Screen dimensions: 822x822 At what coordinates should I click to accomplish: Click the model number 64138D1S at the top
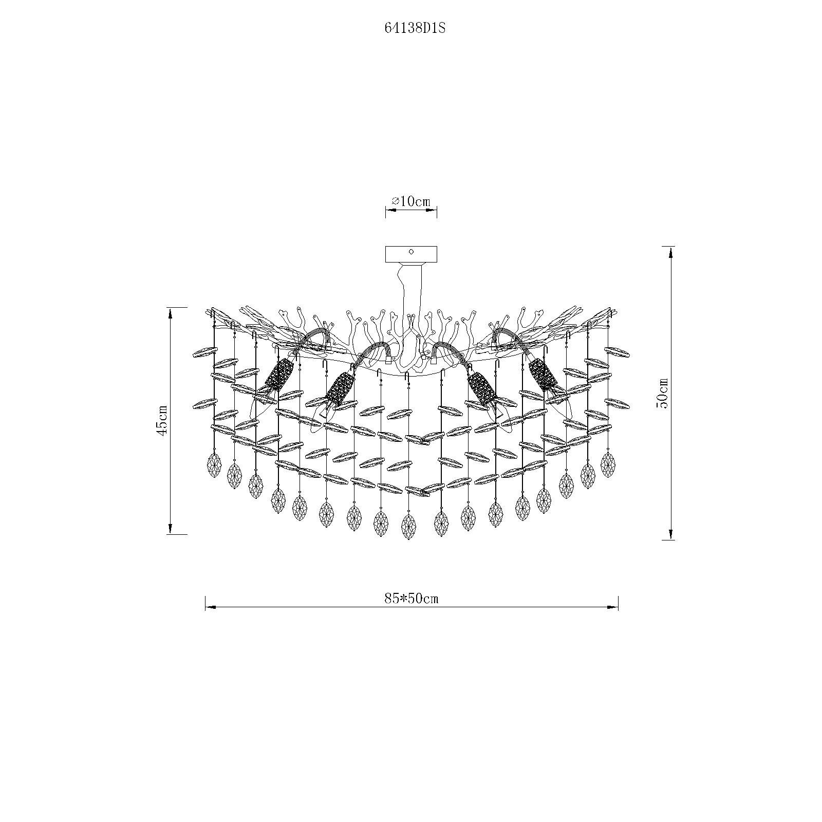414,29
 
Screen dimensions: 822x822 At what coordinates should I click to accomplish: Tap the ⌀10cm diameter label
410,201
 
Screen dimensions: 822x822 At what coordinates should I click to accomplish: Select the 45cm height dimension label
162,421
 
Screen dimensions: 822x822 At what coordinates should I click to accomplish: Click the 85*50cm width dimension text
411,598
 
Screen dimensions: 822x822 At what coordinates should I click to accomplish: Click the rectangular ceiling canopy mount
411,254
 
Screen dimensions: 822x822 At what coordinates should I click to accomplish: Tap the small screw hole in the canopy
411,252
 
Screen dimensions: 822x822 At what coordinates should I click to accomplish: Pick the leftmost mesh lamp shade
278,374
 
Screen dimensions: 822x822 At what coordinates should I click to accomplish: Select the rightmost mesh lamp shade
544,374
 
